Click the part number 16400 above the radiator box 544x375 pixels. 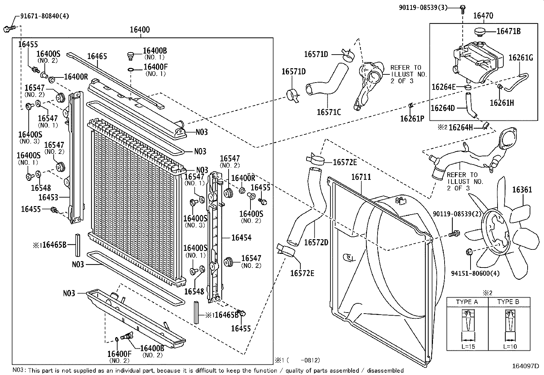click(139, 30)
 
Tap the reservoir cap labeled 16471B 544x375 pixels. click(480, 32)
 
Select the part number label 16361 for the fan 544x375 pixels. click(522, 190)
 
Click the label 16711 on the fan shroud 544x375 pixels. click(361, 177)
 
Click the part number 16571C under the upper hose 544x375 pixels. click(329, 112)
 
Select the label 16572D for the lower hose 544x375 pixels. click(316, 242)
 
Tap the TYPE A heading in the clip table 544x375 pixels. click(467, 302)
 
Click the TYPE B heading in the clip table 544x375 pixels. click(508, 302)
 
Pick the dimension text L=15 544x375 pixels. click(468, 347)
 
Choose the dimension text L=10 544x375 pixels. click(510, 347)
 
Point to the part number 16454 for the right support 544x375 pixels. click(241, 237)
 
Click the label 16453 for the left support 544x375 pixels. click(48, 197)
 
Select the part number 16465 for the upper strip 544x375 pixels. click(97, 56)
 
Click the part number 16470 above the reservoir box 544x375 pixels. click(483, 15)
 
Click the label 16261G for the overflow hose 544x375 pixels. click(520, 57)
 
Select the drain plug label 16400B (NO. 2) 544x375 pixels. click(152, 348)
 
